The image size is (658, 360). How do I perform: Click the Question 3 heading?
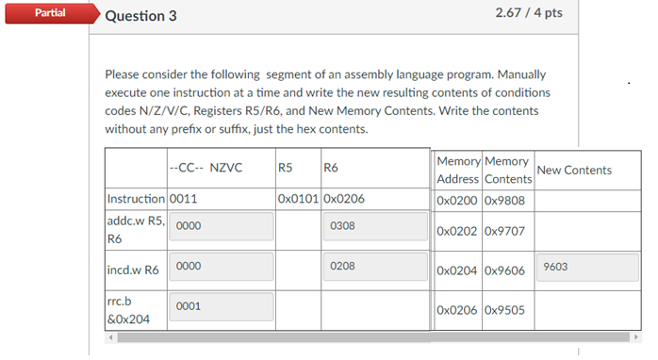tap(141, 16)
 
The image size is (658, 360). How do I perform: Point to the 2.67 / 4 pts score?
tap(528, 13)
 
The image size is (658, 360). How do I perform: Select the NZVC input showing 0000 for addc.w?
tap(222, 226)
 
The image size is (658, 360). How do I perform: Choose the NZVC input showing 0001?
tap(222, 306)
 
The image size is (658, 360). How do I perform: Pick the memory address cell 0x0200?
tap(458, 199)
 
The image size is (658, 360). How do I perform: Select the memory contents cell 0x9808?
tap(505, 199)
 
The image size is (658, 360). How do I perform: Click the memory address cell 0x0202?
tap(458, 229)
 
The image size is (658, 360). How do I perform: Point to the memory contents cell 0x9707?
tap(505, 229)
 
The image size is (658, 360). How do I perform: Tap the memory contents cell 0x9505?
tap(505, 308)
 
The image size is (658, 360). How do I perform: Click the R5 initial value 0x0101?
tap(298, 199)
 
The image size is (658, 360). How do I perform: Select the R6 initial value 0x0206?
tap(345, 199)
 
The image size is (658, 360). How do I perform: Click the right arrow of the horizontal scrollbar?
tap(636, 336)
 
